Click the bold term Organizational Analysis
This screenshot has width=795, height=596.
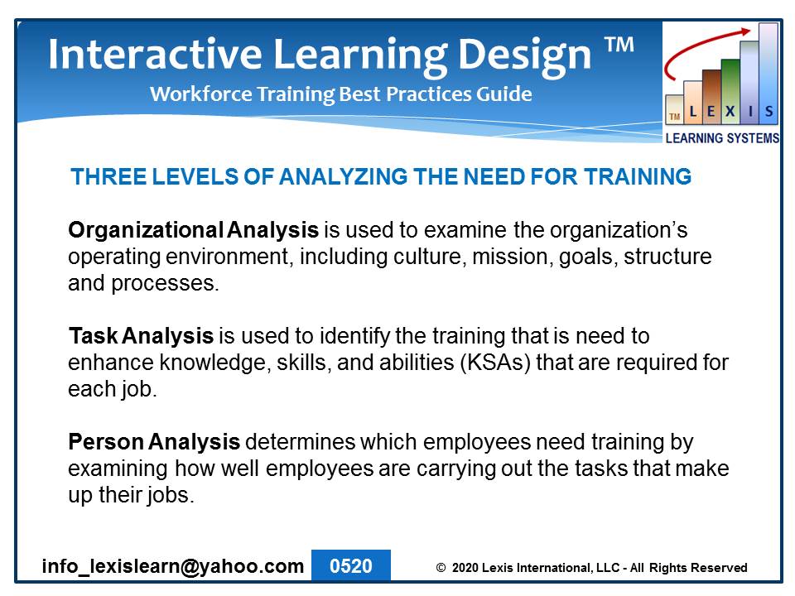193,230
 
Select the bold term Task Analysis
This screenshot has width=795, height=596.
141,336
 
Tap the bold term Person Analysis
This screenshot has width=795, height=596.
154,442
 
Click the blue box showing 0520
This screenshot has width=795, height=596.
351,565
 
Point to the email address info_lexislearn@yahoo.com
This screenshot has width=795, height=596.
173,566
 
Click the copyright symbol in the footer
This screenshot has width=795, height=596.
441,568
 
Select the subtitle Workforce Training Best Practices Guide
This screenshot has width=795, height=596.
340,94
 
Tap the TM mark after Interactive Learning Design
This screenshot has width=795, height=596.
619,45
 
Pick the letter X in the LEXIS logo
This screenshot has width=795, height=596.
730,111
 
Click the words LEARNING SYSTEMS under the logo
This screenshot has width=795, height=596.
722,138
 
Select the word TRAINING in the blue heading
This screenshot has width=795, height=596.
638,177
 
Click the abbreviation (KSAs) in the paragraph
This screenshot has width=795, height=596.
495,363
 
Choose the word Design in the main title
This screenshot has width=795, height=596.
524,55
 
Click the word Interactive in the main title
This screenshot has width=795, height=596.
155,54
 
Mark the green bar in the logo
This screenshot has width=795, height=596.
730,91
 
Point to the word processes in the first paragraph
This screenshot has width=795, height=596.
165,284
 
